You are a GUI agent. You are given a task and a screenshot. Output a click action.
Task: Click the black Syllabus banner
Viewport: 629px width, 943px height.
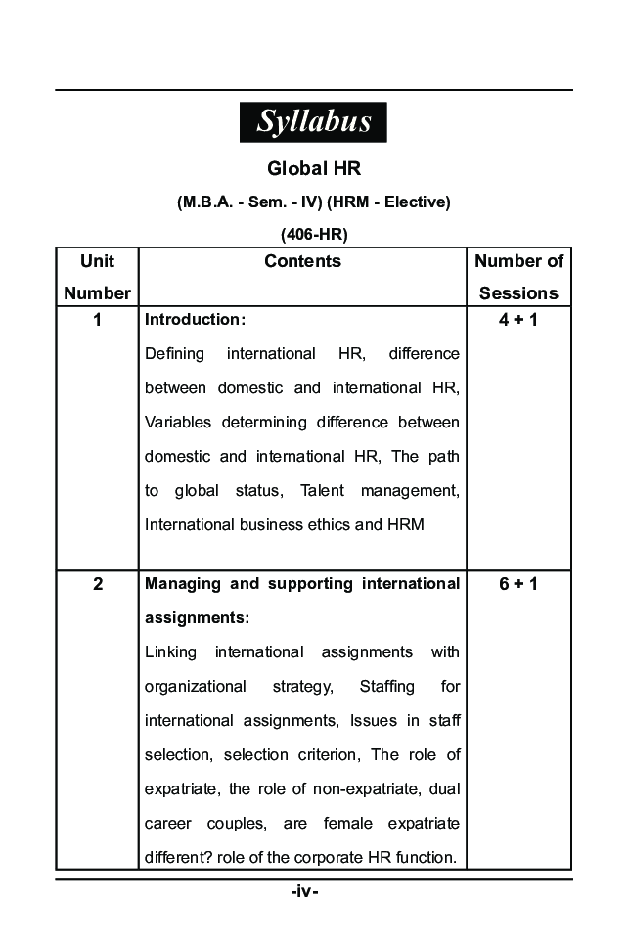click(x=313, y=122)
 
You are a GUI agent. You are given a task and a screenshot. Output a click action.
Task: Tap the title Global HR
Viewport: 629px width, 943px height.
click(x=314, y=169)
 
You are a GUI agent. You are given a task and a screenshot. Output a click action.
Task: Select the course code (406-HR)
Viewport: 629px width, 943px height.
click(x=314, y=234)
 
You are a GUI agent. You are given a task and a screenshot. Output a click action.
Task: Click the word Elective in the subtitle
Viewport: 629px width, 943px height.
click(x=416, y=202)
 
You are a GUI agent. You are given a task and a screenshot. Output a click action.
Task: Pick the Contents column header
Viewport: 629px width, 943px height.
click(x=302, y=261)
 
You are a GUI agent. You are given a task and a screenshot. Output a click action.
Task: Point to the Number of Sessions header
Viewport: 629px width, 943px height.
click(x=518, y=277)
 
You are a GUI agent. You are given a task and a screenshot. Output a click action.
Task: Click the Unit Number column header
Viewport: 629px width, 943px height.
click(x=97, y=277)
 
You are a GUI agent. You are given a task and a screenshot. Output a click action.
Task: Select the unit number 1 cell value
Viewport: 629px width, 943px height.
click(x=97, y=320)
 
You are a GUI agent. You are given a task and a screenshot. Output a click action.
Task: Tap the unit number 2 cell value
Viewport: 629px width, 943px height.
click(x=97, y=584)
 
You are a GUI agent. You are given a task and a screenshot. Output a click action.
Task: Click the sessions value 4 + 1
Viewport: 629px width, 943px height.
click(x=518, y=320)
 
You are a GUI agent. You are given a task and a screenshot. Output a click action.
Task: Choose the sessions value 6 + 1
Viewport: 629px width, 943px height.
click(x=518, y=584)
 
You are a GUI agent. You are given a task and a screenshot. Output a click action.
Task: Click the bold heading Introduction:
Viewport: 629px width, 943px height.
click(x=195, y=320)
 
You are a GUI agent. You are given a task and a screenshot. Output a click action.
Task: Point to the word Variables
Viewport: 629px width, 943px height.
click(x=177, y=423)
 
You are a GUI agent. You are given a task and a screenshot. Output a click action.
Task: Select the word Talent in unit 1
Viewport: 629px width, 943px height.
click(x=323, y=490)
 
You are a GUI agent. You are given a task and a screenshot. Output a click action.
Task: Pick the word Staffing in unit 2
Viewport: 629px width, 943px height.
click(x=386, y=687)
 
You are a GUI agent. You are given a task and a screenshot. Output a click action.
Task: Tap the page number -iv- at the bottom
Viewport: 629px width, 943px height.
click(x=305, y=892)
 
